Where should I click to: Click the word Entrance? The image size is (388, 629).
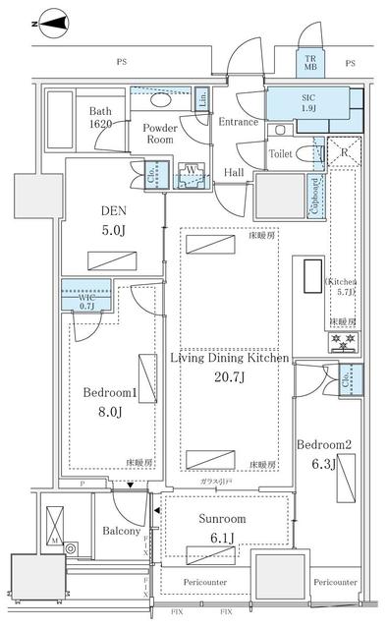click(x=238, y=122)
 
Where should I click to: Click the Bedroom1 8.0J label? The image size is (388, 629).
click(x=109, y=400)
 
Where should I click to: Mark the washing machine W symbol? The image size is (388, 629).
click(x=190, y=178)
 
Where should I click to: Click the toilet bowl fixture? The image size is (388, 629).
click(x=280, y=131)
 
